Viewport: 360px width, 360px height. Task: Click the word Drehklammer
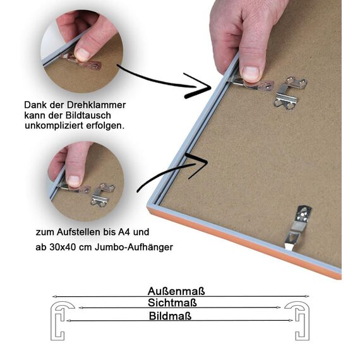[96, 105]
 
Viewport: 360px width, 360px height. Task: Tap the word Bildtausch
[88, 115]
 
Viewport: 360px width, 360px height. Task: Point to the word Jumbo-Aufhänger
[134, 247]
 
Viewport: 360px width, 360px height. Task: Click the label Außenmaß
[176, 291]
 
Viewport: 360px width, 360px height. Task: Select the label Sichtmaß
[172, 303]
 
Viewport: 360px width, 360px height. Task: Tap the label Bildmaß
[170, 316]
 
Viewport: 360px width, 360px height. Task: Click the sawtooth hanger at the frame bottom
[297, 227]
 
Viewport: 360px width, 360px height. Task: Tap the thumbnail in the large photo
[251, 73]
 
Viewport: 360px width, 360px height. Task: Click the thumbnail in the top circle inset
[83, 54]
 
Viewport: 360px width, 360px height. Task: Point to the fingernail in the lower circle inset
[74, 181]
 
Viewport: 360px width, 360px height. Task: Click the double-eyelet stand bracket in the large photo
[290, 93]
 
